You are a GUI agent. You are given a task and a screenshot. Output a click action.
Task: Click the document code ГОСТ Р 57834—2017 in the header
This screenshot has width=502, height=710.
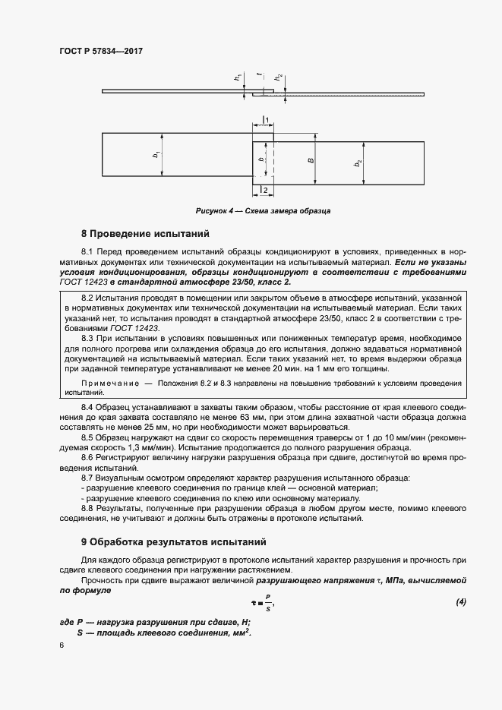[x=101, y=51]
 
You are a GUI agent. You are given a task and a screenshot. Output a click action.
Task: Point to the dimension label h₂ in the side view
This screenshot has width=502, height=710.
[x=279, y=77]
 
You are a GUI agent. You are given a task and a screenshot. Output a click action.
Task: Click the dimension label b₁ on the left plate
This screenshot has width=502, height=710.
[x=156, y=155]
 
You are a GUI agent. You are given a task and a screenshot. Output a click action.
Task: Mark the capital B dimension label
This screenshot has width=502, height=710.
[x=311, y=160]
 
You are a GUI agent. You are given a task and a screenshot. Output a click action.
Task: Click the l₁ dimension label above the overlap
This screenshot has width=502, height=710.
[x=267, y=121]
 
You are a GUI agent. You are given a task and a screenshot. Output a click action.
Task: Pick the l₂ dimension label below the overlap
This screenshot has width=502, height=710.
[x=264, y=188]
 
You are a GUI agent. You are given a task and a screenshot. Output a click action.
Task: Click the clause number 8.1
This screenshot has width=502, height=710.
[x=88, y=251]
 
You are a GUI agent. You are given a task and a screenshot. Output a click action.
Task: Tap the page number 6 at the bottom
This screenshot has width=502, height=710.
[x=62, y=644]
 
